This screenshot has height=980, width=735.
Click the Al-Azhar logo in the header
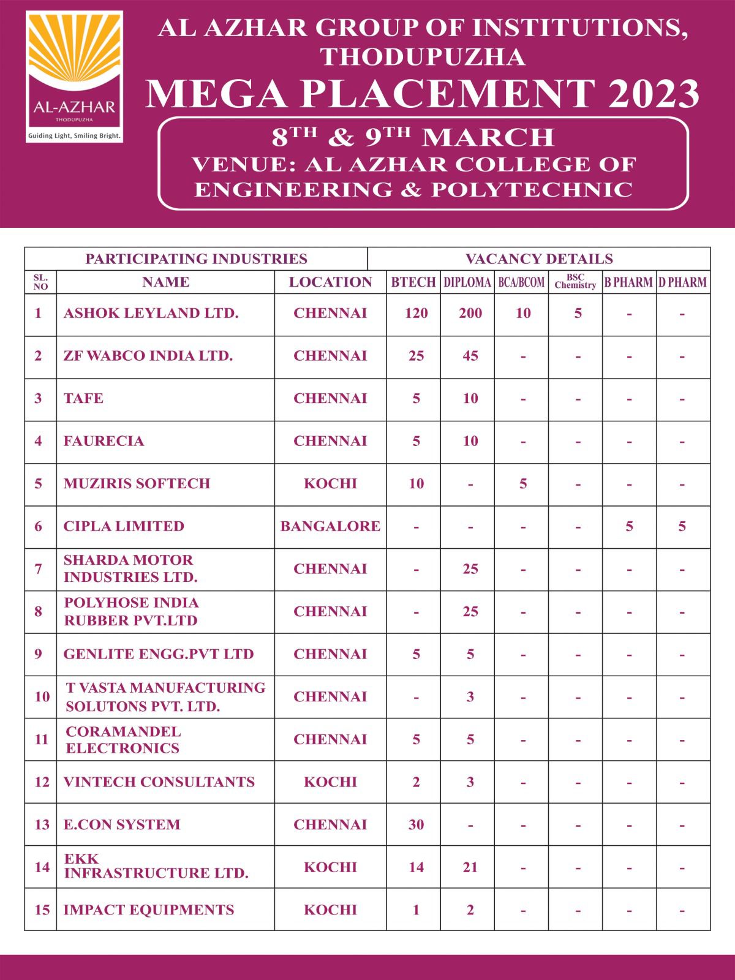(x=74, y=77)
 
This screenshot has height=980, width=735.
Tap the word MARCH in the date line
(x=489, y=137)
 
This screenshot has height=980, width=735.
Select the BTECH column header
(x=413, y=282)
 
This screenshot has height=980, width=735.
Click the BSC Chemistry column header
(x=575, y=282)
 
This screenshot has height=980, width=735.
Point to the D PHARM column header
(x=682, y=282)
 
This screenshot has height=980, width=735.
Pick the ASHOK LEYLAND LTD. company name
(x=151, y=313)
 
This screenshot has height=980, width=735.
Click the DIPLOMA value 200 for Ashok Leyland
(x=470, y=313)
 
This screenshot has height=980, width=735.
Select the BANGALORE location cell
(x=330, y=526)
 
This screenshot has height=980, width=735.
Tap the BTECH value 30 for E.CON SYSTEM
(x=416, y=824)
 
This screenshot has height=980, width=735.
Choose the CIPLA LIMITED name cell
(x=124, y=526)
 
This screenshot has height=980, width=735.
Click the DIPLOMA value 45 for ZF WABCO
(x=470, y=356)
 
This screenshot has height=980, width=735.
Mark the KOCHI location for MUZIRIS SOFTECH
(x=330, y=483)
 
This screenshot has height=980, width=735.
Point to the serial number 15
(x=42, y=910)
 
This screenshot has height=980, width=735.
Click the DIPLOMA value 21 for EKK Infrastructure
(x=470, y=867)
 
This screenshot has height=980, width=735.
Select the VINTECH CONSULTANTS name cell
(x=159, y=782)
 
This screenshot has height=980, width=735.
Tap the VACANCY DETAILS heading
(x=539, y=258)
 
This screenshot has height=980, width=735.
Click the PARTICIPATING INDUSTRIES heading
(x=196, y=258)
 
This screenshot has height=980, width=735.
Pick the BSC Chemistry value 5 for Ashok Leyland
(x=578, y=313)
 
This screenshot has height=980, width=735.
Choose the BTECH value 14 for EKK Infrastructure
(x=416, y=867)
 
